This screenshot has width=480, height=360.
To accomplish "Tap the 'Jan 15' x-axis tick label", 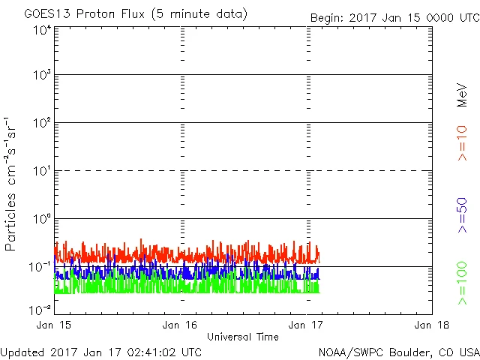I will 55,325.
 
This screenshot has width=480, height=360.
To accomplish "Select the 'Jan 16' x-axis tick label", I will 181,325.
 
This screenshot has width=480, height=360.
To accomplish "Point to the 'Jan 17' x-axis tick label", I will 307,325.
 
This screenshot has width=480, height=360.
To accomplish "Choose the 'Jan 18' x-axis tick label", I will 432,325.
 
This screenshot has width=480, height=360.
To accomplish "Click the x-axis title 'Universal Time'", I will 243,337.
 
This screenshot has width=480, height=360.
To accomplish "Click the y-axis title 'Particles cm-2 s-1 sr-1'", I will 12,184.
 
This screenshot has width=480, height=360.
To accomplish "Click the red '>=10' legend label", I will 462,143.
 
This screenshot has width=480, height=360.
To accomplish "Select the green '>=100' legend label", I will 462,283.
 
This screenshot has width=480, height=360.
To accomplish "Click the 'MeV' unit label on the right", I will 462,95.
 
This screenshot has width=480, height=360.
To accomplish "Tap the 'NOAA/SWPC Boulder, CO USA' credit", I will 397,351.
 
